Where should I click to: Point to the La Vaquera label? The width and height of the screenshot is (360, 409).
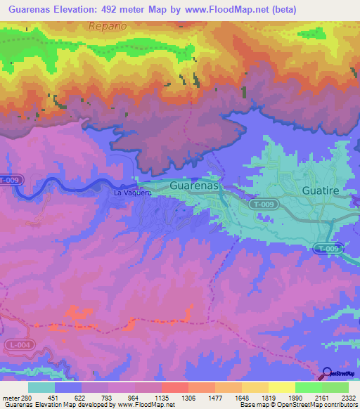(x=133, y=192)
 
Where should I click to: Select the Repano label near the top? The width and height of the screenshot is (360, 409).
(x=108, y=26)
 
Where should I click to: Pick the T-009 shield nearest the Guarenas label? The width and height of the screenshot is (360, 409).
(x=263, y=203)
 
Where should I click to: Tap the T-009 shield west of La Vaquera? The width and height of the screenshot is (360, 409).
(x=11, y=180)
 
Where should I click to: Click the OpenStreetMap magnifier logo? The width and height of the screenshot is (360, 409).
(x=327, y=372)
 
